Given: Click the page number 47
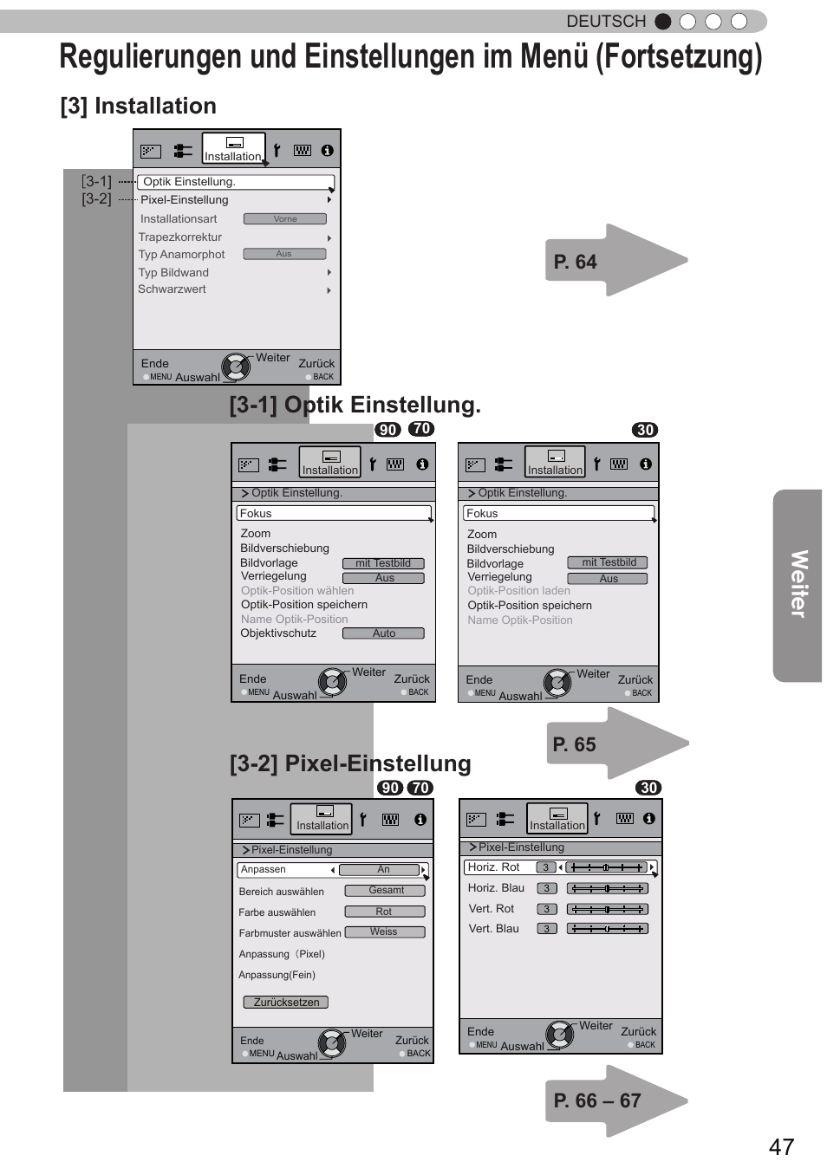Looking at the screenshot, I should pyautogui.click(x=781, y=1146).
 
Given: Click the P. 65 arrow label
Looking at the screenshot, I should pyautogui.click(x=575, y=744).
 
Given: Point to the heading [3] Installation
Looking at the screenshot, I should pyautogui.click(x=139, y=106).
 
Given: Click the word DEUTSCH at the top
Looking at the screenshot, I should pyautogui.click(x=606, y=21).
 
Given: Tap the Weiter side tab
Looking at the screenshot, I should pyautogui.click(x=798, y=585).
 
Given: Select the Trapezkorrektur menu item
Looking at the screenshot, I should pyautogui.click(x=180, y=237).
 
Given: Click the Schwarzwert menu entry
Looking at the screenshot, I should pyautogui.click(x=172, y=289).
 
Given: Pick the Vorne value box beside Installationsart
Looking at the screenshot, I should pyautogui.click(x=284, y=219).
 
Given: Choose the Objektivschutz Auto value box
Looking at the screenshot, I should pyautogui.click(x=383, y=633).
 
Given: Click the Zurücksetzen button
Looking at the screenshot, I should pyautogui.click(x=286, y=1002).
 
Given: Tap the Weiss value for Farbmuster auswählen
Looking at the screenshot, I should pyautogui.click(x=384, y=932).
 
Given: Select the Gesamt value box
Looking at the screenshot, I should pyautogui.click(x=386, y=890).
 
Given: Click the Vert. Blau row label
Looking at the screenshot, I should pyautogui.click(x=493, y=928).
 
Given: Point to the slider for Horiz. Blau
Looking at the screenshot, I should pyautogui.click(x=607, y=888).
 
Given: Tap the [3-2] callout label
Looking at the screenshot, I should pyautogui.click(x=96, y=198).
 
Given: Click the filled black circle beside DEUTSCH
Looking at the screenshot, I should pyautogui.click(x=663, y=21).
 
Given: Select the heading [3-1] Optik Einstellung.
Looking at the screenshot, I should pyautogui.click(x=355, y=405).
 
